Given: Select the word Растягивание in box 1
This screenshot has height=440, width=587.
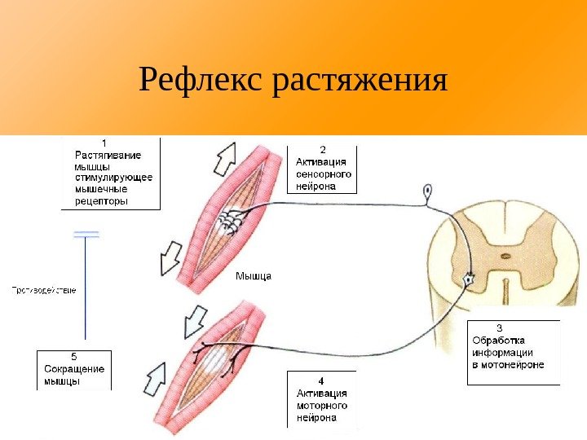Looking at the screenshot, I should (x=108, y=155).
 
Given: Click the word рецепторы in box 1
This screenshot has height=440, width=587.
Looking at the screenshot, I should (x=101, y=200).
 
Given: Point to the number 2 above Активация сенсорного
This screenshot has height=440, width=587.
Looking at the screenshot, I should (x=322, y=149).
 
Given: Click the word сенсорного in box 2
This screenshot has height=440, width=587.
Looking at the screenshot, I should (x=324, y=174).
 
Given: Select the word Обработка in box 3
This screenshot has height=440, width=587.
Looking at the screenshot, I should (x=498, y=341).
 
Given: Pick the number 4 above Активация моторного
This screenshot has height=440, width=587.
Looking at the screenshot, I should (x=321, y=381).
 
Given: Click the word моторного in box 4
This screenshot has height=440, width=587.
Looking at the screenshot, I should (x=321, y=405).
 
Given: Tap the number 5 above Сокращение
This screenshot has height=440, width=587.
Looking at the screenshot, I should (x=74, y=356).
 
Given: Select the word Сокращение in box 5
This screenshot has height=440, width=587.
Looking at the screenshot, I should (x=73, y=368).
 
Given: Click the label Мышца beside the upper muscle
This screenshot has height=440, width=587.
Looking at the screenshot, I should (x=253, y=275).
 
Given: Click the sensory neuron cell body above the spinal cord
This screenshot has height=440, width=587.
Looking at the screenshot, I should (x=426, y=192).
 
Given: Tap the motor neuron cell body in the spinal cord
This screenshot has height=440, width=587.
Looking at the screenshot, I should (x=469, y=279).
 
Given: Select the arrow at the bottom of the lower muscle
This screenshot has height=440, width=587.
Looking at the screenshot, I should (x=160, y=380).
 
